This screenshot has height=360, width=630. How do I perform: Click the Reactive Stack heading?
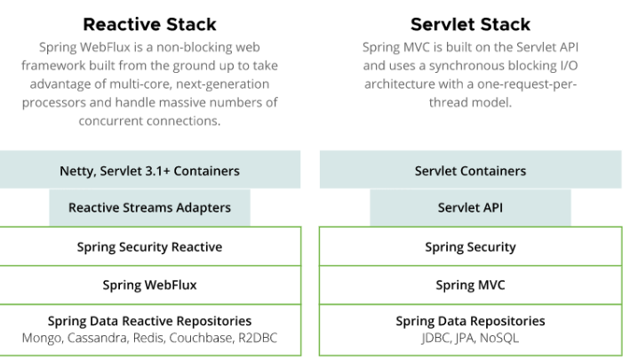coord(149,24)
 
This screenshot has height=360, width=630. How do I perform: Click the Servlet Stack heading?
coord(470,24)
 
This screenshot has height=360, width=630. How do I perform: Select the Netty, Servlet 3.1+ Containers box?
coord(150,170)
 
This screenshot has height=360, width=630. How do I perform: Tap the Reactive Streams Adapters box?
coord(149,208)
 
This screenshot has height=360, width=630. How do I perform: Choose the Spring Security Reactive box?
coord(150,246)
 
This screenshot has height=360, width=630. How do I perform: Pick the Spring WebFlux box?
coord(150,284)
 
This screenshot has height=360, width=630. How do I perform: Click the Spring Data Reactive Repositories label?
coord(149,321)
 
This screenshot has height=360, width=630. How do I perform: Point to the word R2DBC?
coord(258,338)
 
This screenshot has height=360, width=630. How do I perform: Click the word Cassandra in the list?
coord(98,339)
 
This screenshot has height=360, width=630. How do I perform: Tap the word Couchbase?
coord(202,339)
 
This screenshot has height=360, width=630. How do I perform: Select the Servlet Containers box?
coord(470,170)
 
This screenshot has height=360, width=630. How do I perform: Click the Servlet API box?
coord(470,208)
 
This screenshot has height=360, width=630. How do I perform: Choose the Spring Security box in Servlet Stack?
coord(470,246)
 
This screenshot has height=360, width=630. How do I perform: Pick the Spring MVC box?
coord(470,284)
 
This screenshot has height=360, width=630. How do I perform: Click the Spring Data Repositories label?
coord(470,321)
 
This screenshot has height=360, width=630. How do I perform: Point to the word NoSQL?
coord(499,338)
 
